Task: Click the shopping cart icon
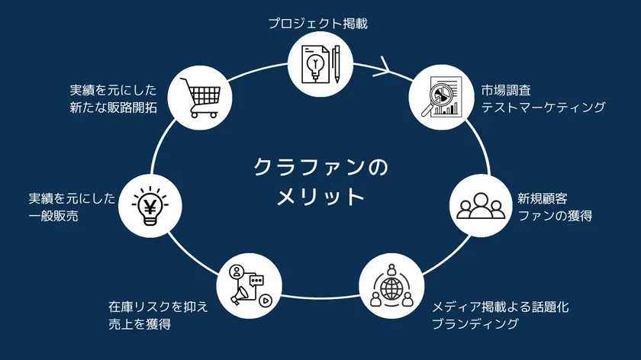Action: [x=200, y=98]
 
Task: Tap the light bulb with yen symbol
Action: [x=150, y=205]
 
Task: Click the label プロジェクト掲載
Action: [x=318, y=24]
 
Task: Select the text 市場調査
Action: [x=506, y=90]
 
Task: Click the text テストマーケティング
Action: [x=543, y=108]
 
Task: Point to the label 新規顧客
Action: [x=543, y=198]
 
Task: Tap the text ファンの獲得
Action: [x=556, y=216]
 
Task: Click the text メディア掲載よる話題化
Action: [x=501, y=307]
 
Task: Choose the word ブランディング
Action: [x=475, y=324]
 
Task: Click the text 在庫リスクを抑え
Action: [x=158, y=307]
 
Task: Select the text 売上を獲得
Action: [x=140, y=324]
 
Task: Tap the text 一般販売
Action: [x=53, y=216]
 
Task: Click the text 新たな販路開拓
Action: [x=113, y=108]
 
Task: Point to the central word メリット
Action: [x=320, y=197]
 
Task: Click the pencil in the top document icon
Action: [x=337, y=64]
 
